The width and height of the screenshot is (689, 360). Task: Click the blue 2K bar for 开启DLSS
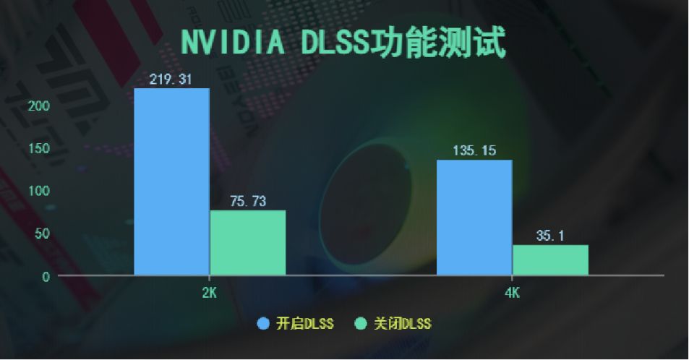[172, 181]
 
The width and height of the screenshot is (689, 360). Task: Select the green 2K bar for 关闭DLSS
[248, 243]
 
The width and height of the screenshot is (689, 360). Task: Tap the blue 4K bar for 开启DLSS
[474, 218]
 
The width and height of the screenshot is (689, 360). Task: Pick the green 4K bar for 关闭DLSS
[550, 260]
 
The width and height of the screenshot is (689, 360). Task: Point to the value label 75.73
[248, 202]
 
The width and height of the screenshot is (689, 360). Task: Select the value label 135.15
[474, 151]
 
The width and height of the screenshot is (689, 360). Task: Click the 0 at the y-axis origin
[46, 276]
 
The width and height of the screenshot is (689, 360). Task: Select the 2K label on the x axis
[209, 293]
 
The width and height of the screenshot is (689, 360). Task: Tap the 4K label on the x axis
[512, 293]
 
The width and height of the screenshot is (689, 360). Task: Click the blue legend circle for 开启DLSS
[263, 324]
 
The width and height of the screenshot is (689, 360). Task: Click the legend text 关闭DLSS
[402, 324]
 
